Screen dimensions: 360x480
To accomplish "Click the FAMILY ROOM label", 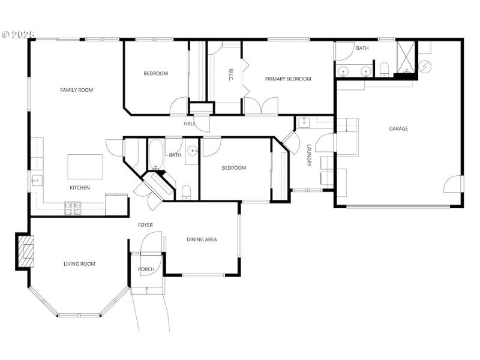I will pyautogui.click(x=76, y=90).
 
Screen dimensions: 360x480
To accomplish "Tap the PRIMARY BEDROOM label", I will pyautogui.click(x=289, y=79).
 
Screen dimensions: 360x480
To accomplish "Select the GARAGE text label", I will pyautogui.click(x=398, y=128).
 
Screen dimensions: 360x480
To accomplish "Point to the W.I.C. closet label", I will pyautogui.click(x=230, y=74).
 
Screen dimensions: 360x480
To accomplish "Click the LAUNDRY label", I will pyautogui.click(x=309, y=155).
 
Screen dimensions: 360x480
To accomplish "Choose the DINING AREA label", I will pyautogui.click(x=202, y=239).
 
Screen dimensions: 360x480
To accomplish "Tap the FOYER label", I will pyautogui.click(x=145, y=225).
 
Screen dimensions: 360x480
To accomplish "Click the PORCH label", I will pyautogui.click(x=146, y=269).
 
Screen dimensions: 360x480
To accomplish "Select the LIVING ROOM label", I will pyautogui.click(x=79, y=264).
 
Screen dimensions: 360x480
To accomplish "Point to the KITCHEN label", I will pyautogui.click(x=80, y=188).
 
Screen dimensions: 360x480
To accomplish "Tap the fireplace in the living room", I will pyautogui.click(x=26, y=250).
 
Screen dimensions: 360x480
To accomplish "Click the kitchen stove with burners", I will pyautogui.click(x=73, y=208).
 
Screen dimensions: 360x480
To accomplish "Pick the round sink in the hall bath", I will pyautogui.click(x=191, y=151).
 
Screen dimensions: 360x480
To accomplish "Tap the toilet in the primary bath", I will pyautogui.click(x=385, y=69).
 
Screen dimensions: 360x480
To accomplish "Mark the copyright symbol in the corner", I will pyautogui.click(x=6, y=35).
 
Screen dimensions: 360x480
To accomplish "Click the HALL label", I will pyautogui.click(x=190, y=124).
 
